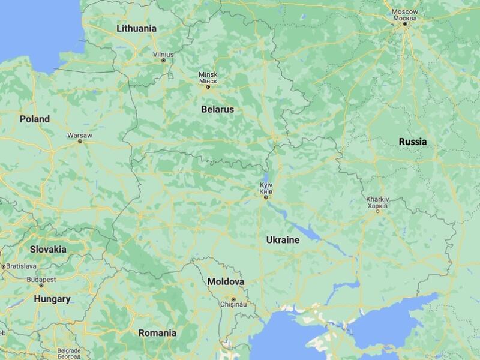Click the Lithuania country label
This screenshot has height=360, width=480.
(x=136, y=28)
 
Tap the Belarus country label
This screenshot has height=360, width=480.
(x=217, y=110)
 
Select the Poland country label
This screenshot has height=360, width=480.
(x=34, y=119)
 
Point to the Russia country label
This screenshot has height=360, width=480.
(x=413, y=142)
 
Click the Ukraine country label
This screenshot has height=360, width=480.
(x=282, y=239)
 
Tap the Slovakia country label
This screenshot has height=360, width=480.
(x=48, y=248)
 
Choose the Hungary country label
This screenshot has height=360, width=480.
(x=52, y=298)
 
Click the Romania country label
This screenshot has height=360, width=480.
(x=157, y=332)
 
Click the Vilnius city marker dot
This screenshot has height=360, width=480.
(x=163, y=60)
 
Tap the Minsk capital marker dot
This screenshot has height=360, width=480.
(x=208, y=87)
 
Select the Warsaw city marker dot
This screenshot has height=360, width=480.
(x=80, y=142)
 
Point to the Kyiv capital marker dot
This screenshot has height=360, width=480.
(x=266, y=197)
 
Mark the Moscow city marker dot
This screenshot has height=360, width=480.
(x=405, y=24)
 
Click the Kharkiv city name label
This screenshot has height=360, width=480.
(x=378, y=199)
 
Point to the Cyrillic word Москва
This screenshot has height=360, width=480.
(x=405, y=17)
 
